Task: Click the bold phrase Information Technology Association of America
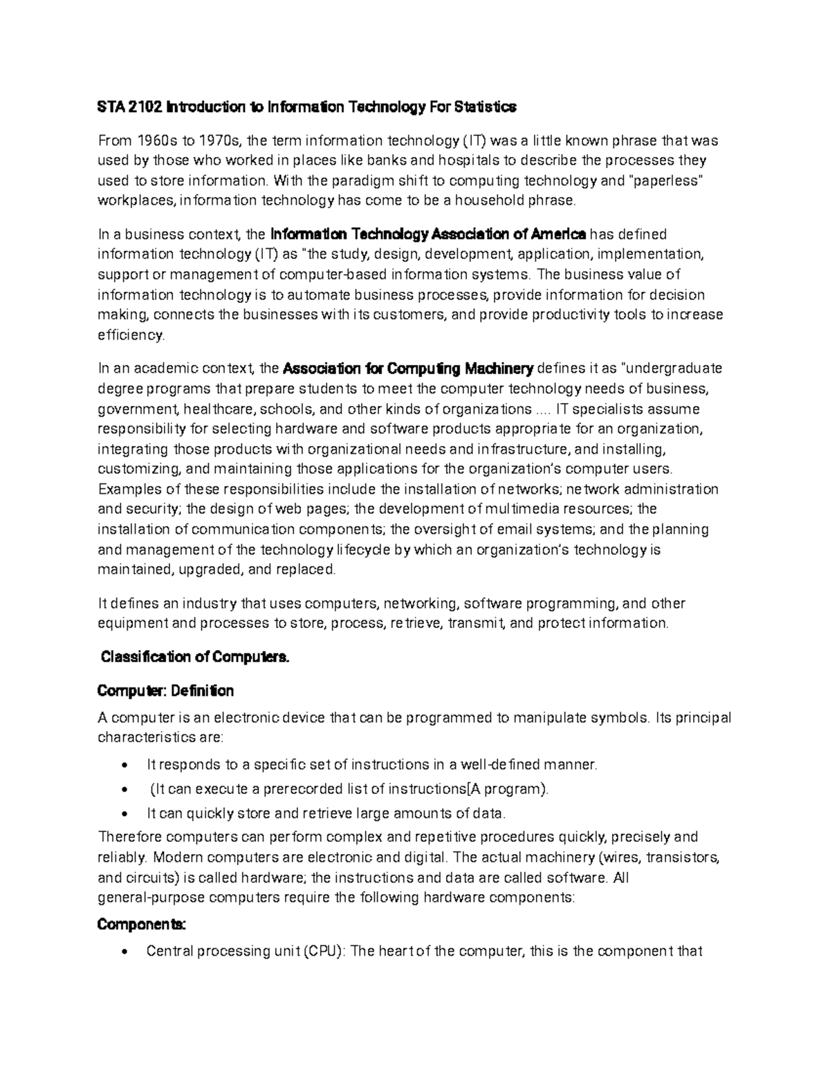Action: click(428, 234)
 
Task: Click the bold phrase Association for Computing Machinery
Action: click(409, 367)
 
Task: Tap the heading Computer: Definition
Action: click(165, 691)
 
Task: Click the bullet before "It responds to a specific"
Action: click(124, 766)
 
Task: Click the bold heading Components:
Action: click(141, 925)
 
